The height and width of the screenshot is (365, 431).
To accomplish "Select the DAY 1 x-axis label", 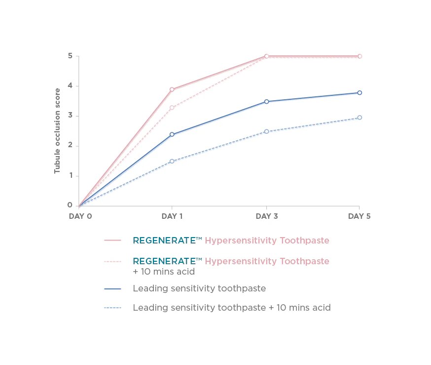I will pyautogui.click(x=172, y=216).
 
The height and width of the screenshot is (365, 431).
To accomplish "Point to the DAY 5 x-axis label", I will pyautogui.click(x=359, y=216).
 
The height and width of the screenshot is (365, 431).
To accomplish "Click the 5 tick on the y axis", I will pyautogui.click(x=71, y=56).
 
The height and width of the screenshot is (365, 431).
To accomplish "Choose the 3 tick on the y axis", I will pyautogui.click(x=71, y=116).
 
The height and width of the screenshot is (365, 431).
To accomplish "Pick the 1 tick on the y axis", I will pyautogui.click(x=71, y=175).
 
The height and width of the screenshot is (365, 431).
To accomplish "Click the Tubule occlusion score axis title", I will pyautogui.click(x=57, y=130).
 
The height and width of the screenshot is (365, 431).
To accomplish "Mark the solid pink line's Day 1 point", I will pyautogui.click(x=172, y=90).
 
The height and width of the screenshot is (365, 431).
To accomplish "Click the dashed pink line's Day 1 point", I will pyautogui.click(x=172, y=108).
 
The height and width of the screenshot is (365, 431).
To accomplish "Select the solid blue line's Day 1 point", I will pyautogui.click(x=172, y=134).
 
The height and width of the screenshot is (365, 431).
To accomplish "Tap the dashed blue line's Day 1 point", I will pyautogui.click(x=172, y=162).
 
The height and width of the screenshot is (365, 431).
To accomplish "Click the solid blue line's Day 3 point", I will pyautogui.click(x=266, y=102).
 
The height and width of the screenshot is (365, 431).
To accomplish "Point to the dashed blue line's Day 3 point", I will pyautogui.click(x=266, y=131).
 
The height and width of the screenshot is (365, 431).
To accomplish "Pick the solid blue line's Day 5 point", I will pyautogui.click(x=359, y=93).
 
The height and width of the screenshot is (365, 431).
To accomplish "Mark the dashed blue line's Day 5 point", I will pyautogui.click(x=359, y=118).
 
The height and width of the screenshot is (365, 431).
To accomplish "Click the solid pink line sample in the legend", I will pyautogui.click(x=112, y=241).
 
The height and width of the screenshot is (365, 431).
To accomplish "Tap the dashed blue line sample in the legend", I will pyautogui.click(x=112, y=308).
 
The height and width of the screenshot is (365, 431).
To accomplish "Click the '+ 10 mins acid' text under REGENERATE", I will pyautogui.click(x=164, y=272).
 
